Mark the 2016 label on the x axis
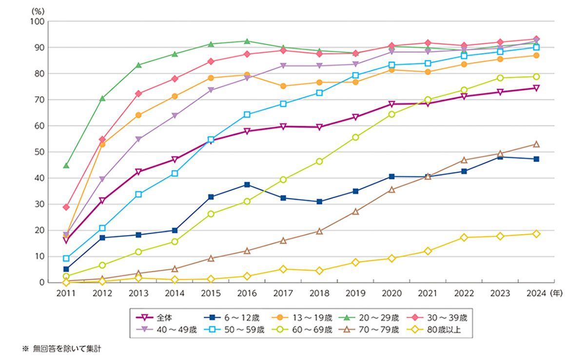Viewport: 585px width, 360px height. tap(247, 293)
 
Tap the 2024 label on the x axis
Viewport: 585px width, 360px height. tap(536, 293)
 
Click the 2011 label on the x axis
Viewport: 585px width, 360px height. tap(66, 293)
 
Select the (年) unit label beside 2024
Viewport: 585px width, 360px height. tap(556, 293)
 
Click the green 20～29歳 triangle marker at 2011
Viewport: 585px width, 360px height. tap(66, 165)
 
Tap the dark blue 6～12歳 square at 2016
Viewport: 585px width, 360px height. tap(247, 184)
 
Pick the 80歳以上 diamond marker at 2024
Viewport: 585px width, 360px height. tap(536, 234)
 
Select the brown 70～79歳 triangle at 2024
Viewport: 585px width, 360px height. tap(536, 144)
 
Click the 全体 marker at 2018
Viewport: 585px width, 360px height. tap(319, 127)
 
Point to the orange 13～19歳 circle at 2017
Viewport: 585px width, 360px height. tap(283, 86)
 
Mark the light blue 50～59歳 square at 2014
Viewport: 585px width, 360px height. tap(175, 173)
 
